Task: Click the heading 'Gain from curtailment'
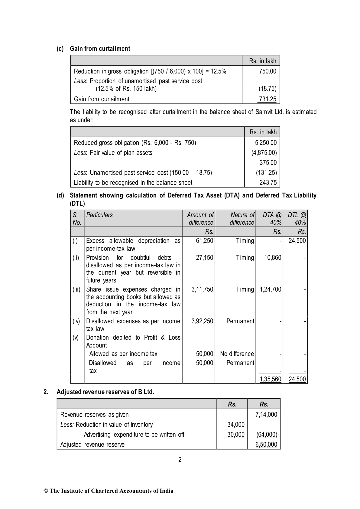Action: pyautogui.click(x=100, y=49)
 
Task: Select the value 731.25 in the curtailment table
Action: pyautogui.click(x=268, y=99)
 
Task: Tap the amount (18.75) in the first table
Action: pyautogui.click(x=268, y=89)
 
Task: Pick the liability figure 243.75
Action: pyautogui.click(x=268, y=183)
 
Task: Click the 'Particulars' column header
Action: pyautogui.click(x=99, y=215)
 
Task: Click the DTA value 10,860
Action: pyautogui.click(x=273, y=258)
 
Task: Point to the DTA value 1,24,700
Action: pyautogui.click(x=271, y=289)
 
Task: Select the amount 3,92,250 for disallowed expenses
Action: pyautogui.click(x=202, y=321)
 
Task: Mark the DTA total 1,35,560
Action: pyautogui.click(x=271, y=379)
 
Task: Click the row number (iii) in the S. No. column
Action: pyautogui.click(x=76, y=289)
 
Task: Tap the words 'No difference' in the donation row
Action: pyautogui.click(x=237, y=354)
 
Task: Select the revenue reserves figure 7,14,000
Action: pyautogui.click(x=266, y=415)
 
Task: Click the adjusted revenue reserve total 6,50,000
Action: pyautogui.click(x=266, y=445)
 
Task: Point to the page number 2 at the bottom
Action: pyautogui.click(x=180, y=460)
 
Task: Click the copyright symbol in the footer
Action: pyautogui.click(x=46, y=491)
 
